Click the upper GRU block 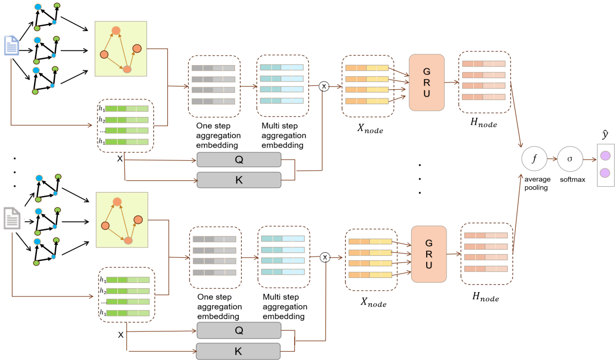(x=427, y=82)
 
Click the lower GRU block (x=429, y=254)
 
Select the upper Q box (x=239, y=160)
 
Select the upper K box (x=239, y=180)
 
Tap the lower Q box (x=239, y=330)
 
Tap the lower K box (x=238, y=351)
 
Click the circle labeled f (x=534, y=159)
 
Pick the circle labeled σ (x=570, y=159)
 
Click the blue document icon (x=12, y=46)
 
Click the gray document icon (x=12, y=218)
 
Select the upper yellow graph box (x=121, y=49)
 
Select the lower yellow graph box (x=122, y=219)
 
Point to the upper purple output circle (x=605, y=155)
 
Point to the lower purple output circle (x=605, y=173)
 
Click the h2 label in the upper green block (x=102, y=120)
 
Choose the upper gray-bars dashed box (x=214, y=86)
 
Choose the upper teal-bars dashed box (x=282, y=86)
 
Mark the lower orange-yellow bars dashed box (x=371, y=261)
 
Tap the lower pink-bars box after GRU (x=486, y=253)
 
